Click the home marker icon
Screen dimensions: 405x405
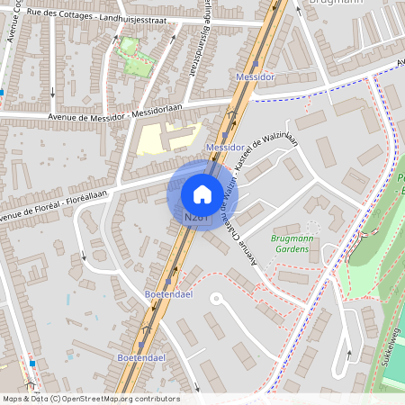202,193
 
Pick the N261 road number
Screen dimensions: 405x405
195,217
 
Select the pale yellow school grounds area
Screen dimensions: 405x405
162,138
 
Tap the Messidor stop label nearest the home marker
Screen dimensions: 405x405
226,146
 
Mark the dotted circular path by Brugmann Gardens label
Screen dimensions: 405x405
313,228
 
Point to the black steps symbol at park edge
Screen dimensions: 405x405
363,236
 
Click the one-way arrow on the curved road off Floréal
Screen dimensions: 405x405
83,256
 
